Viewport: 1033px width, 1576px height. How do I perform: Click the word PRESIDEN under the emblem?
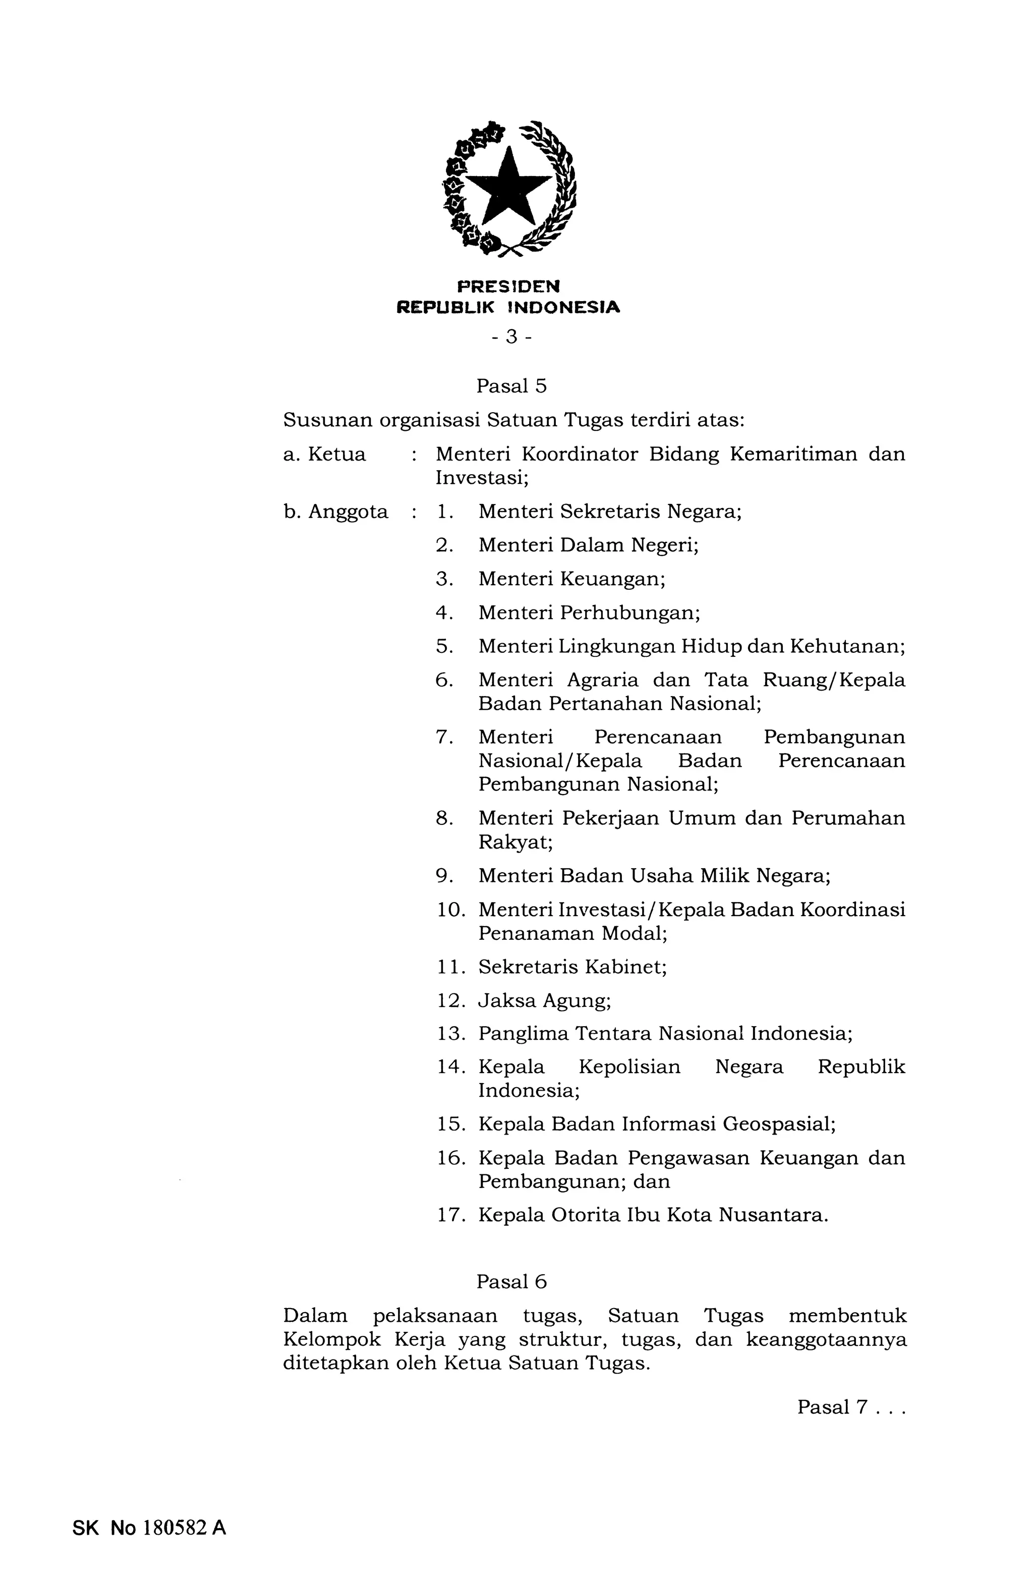(x=508, y=286)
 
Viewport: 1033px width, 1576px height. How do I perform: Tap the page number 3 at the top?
(x=510, y=337)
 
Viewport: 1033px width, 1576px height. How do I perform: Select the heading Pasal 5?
(x=512, y=386)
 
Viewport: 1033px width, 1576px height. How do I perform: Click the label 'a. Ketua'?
(x=324, y=454)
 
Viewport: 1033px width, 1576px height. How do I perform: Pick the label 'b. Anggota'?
(x=336, y=512)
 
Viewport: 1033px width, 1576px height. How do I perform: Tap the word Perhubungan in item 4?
(x=629, y=612)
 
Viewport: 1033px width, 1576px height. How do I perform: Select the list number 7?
(x=444, y=737)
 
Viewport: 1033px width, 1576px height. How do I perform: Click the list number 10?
(x=451, y=910)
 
